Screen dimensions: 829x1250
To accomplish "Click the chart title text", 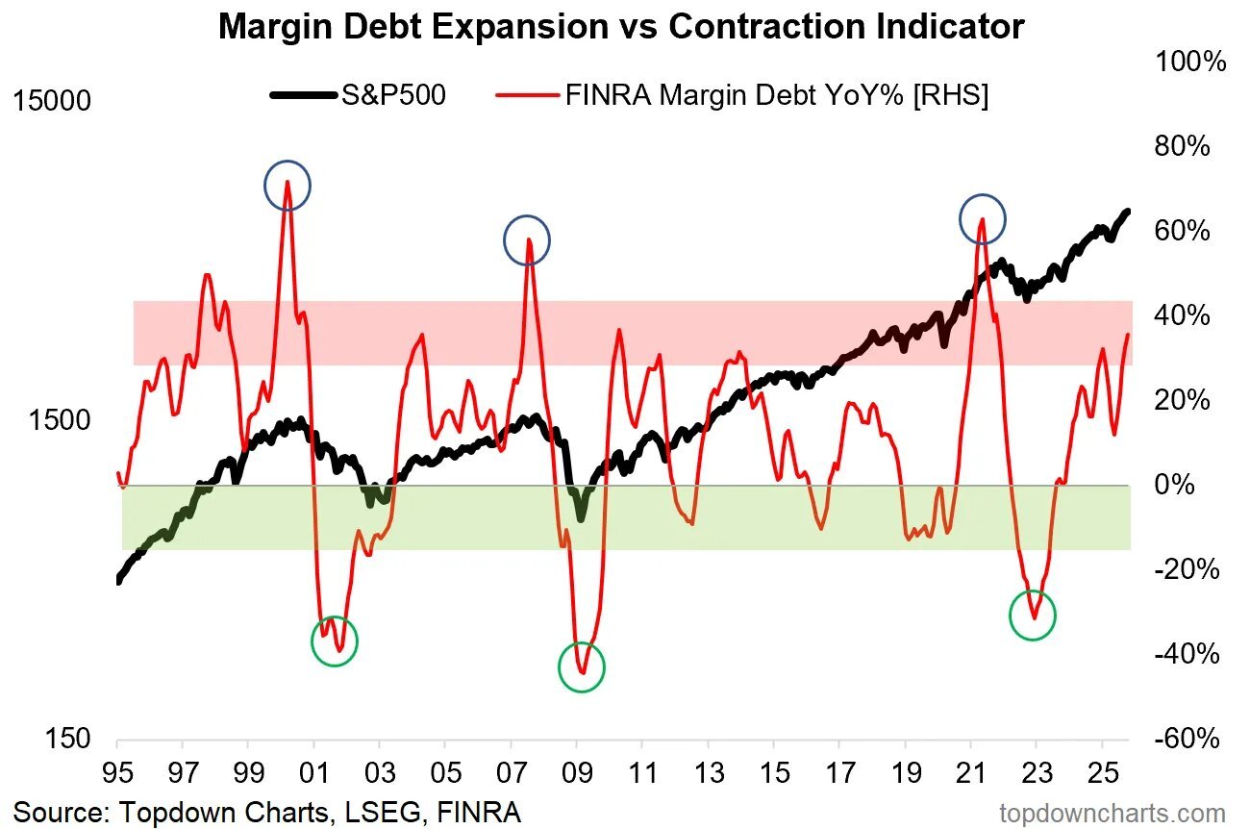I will point(621,26).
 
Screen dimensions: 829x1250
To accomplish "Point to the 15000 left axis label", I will point(54,101).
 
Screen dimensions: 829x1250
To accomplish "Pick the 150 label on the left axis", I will point(69,740).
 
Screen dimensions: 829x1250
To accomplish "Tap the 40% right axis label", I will point(1183,316).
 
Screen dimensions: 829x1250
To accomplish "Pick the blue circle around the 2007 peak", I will point(526,242).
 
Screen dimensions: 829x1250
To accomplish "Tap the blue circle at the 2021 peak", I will point(982,219).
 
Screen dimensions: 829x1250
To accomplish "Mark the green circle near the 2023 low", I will point(1033,615).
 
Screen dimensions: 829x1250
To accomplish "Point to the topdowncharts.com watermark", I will point(1112,813).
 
